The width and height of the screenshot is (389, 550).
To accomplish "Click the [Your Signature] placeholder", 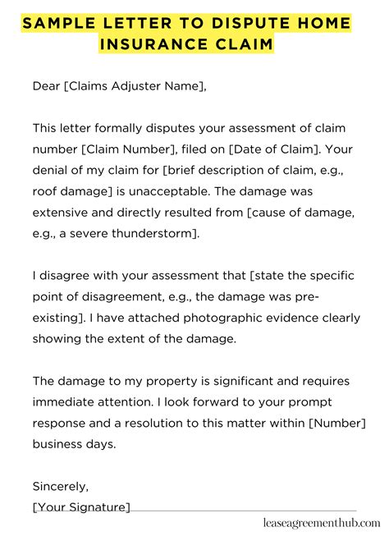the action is (x=81, y=506).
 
